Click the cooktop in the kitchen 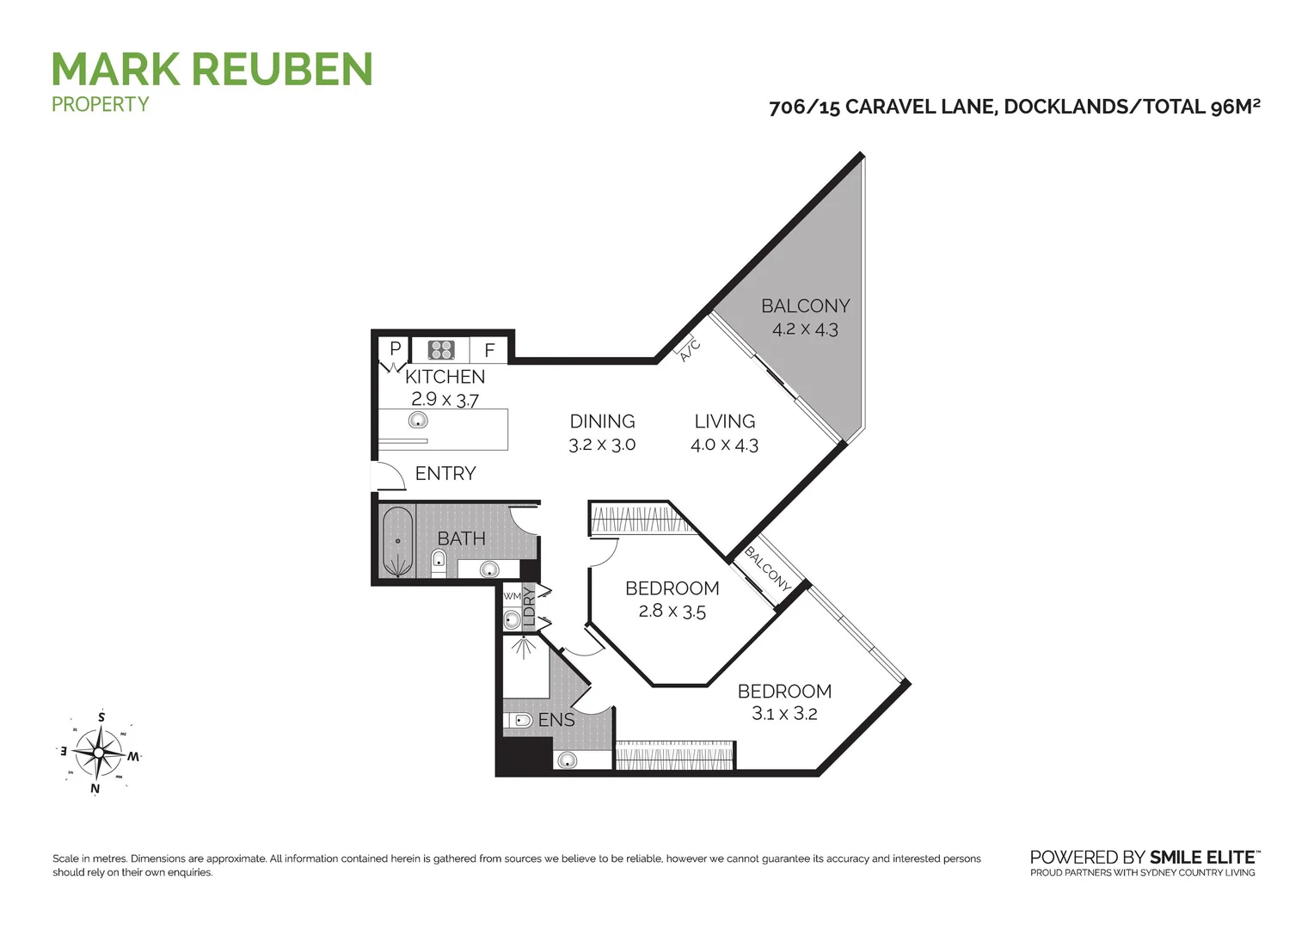click(x=441, y=349)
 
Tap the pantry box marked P click(x=395, y=349)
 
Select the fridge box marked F click(x=489, y=350)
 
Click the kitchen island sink click(x=418, y=420)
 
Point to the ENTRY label click(x=445, y=473)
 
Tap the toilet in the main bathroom click(x=439, y=563)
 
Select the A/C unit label click(x=690, y=350)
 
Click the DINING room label click(x=602, y=421)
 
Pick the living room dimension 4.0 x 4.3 click(x=724, y=445)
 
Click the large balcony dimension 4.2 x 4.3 click(x=804, y=329)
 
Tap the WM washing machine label click(x=513, y=596)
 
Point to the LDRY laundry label click(x=530, y=606)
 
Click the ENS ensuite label click(x=556, y=720)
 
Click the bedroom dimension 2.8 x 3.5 click(x=672, y=612)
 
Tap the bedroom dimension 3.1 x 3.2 click(x=784, y=713)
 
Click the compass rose click(x=99, y=753)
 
